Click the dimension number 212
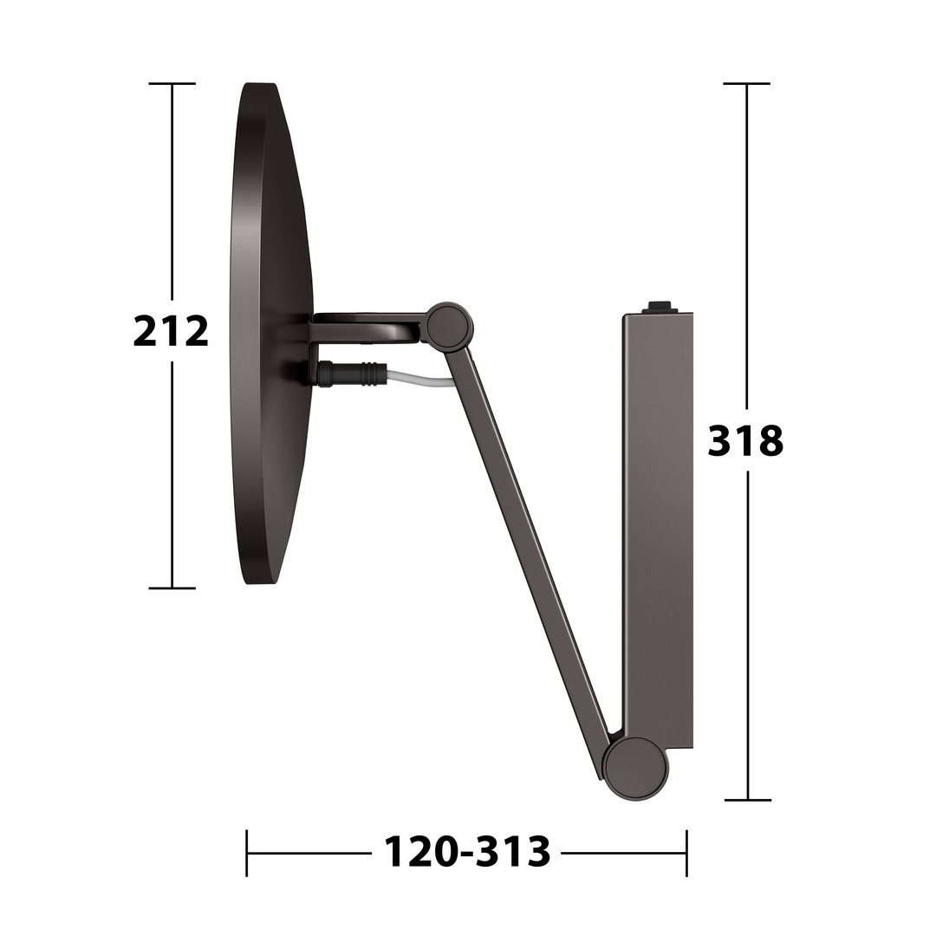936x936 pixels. click(x=171, y=332)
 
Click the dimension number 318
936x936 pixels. click(x=745, y=441)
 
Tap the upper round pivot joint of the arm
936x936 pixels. click(x=450, y=326)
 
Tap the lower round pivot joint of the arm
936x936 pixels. click(x=635, y=769)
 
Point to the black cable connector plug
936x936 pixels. click(x=352, y=374)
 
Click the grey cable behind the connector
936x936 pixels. click(x=418, y=379)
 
